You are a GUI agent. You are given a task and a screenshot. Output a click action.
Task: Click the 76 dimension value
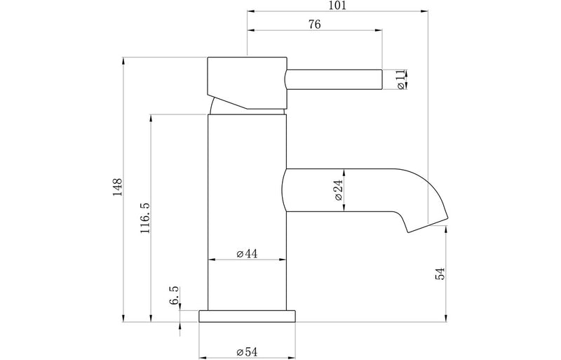314,25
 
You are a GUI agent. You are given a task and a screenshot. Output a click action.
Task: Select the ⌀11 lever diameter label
400,79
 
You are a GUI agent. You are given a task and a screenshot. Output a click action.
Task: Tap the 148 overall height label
117,187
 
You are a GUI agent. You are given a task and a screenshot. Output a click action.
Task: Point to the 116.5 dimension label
145,218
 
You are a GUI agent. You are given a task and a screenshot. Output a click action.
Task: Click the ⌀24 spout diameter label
338,190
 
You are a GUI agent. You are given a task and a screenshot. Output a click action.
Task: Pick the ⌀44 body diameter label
247,253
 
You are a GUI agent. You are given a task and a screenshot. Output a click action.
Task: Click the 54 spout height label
440,274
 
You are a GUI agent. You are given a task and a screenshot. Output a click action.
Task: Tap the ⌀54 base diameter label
247,352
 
